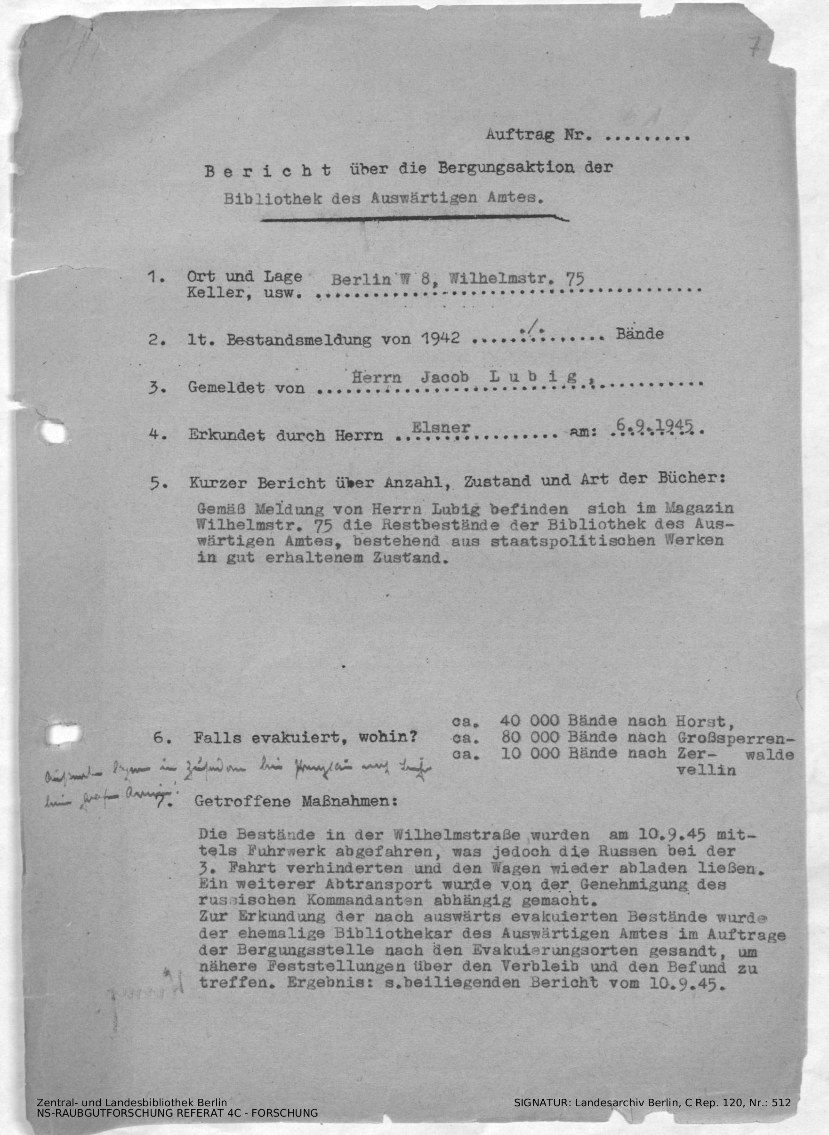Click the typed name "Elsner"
(x=441, y=427)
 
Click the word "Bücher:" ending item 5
(x=692, y=478)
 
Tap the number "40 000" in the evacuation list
(x=530, y=721)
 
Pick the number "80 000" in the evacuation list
(x=530, y=738)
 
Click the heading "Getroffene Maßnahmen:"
(x=296, y=801)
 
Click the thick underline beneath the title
(x=414, y=218)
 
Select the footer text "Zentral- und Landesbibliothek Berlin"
(x=132, y=1103)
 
